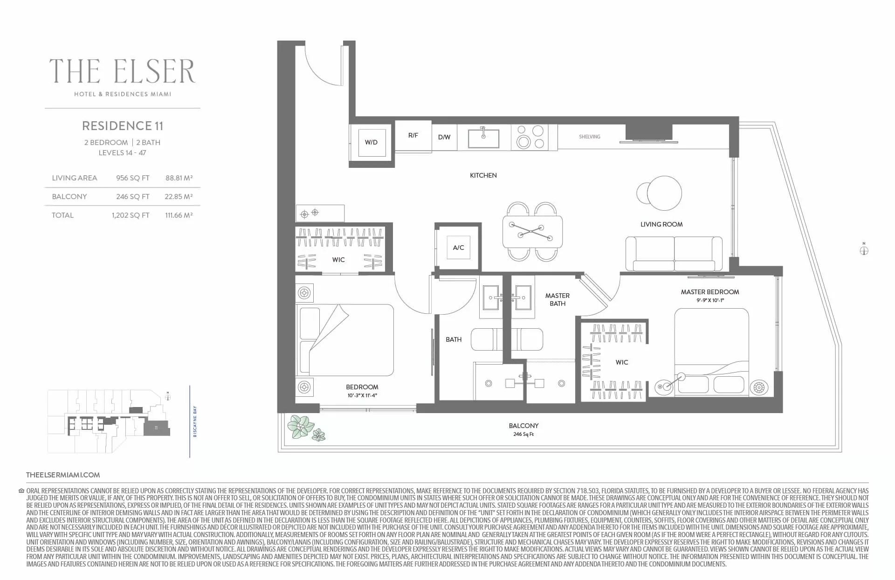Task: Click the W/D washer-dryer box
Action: coord(372,142)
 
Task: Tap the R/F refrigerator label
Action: coord(413,135)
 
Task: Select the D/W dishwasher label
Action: coord(444,137)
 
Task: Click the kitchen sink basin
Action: coord(483,138)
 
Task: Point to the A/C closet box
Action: coord(458,248)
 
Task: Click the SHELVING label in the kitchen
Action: coord(590,137)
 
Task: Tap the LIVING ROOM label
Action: coord(661,224)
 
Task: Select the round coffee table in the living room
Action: coord(664,193)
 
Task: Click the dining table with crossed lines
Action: coord(532,232)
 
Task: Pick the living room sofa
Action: coord(674,254)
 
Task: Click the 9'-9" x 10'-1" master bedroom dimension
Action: coord(710,300)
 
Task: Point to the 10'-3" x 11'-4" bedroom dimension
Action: coord(362,395)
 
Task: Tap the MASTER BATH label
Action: coord(558,299)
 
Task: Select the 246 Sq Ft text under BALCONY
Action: coord(523,434)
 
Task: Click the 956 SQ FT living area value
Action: coord(133,178)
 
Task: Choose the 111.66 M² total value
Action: coord(179,215)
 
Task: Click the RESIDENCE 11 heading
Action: coord(123,126)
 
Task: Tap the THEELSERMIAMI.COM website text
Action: coord(63,475)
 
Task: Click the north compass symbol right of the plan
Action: coord(864,250)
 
